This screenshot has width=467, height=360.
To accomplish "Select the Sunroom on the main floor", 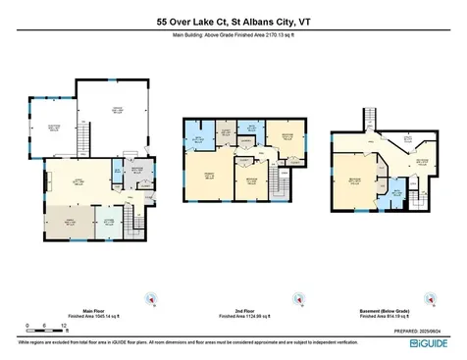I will pyautogui.click(x=55, y=132).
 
